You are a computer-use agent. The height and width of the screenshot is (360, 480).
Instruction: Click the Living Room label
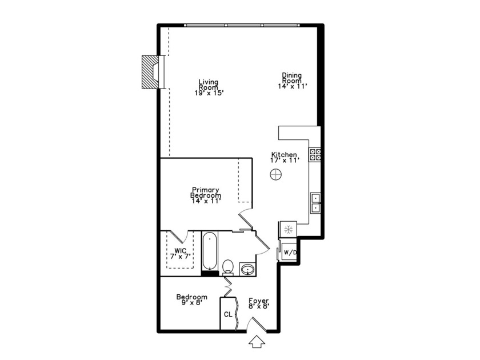pos(208,87)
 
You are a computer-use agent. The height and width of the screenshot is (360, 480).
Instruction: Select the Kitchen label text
pos(284,158)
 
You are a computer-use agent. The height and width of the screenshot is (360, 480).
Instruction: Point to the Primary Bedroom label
pos(206,195)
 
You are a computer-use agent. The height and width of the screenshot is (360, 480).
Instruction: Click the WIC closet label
pos(181,253)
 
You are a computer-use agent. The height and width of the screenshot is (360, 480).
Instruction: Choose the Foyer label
pos(259,303)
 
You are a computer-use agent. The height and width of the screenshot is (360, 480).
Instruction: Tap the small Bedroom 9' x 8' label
pos(191,300)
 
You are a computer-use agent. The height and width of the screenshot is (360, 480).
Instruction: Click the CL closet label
pos(228,315)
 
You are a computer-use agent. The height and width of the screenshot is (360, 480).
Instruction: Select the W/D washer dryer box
pos(290,252)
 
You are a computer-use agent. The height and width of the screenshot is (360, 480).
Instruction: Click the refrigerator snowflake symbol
pos(288,230)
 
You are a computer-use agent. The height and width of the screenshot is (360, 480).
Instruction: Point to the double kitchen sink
pos(315,203)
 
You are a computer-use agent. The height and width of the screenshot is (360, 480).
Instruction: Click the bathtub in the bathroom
pos(209,252)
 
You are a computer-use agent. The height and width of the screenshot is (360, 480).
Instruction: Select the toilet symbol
pos(228,266)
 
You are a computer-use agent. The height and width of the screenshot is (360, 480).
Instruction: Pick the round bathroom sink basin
pos(247,269)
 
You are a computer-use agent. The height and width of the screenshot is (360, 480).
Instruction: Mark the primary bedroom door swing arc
pos(243,218)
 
